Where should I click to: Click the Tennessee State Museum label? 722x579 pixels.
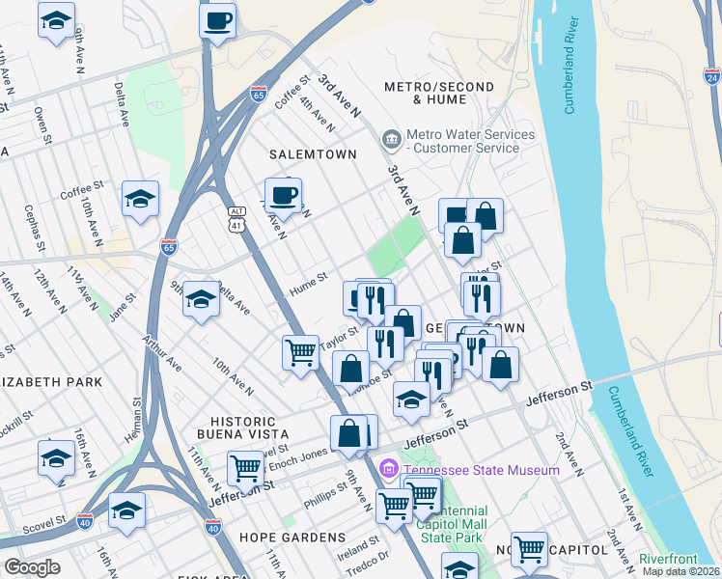coord(481,470)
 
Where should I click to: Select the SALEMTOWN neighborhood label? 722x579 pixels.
coord(313,154)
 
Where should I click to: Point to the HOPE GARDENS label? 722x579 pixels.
coord(299,538)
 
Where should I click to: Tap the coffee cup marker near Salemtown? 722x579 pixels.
coord(283,195)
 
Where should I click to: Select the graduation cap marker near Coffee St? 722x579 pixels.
coord(140,200)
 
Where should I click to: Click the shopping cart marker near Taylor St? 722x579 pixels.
coord(300,351)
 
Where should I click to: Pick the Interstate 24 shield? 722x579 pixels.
coord(711,76)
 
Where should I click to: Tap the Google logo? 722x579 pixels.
coord(32,567)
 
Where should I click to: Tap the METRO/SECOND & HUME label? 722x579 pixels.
coord(438,93)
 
